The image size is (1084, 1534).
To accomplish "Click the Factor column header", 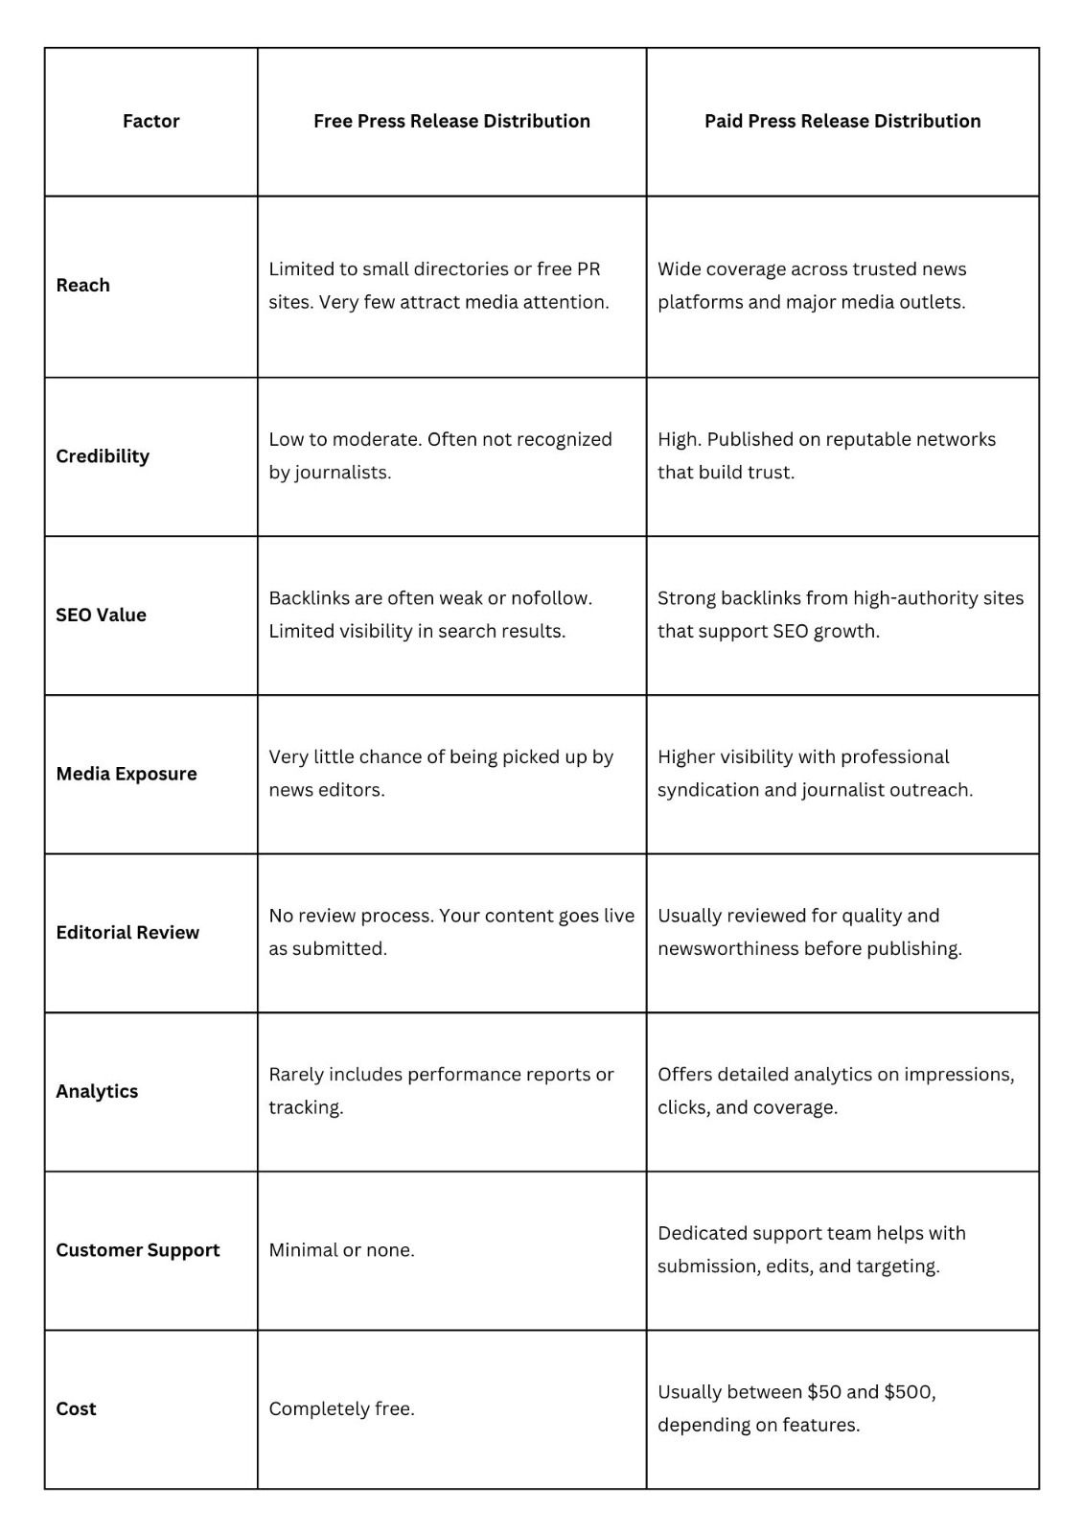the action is coord(150,121).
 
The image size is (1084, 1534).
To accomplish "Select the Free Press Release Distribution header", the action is coord(451,121).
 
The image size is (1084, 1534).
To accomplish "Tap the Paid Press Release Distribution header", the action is coord(842,121).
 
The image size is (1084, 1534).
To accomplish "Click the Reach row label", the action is coord(82,285).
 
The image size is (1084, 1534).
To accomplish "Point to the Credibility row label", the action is coord(103,455).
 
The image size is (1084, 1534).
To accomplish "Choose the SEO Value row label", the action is coord(101,615).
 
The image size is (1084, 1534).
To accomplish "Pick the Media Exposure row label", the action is coord(127,774).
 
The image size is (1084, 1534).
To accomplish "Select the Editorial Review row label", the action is coord(127,932).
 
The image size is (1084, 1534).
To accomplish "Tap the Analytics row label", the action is coord(97,1091).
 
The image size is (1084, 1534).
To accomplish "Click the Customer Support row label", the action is coord(138,1250).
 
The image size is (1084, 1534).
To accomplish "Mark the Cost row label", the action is coord(76,1408).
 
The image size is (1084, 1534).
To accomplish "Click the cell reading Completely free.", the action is coord(341,1408).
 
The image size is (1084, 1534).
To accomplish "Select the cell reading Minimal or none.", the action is coord(341,1250).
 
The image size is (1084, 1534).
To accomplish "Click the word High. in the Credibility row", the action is coord(679,439).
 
